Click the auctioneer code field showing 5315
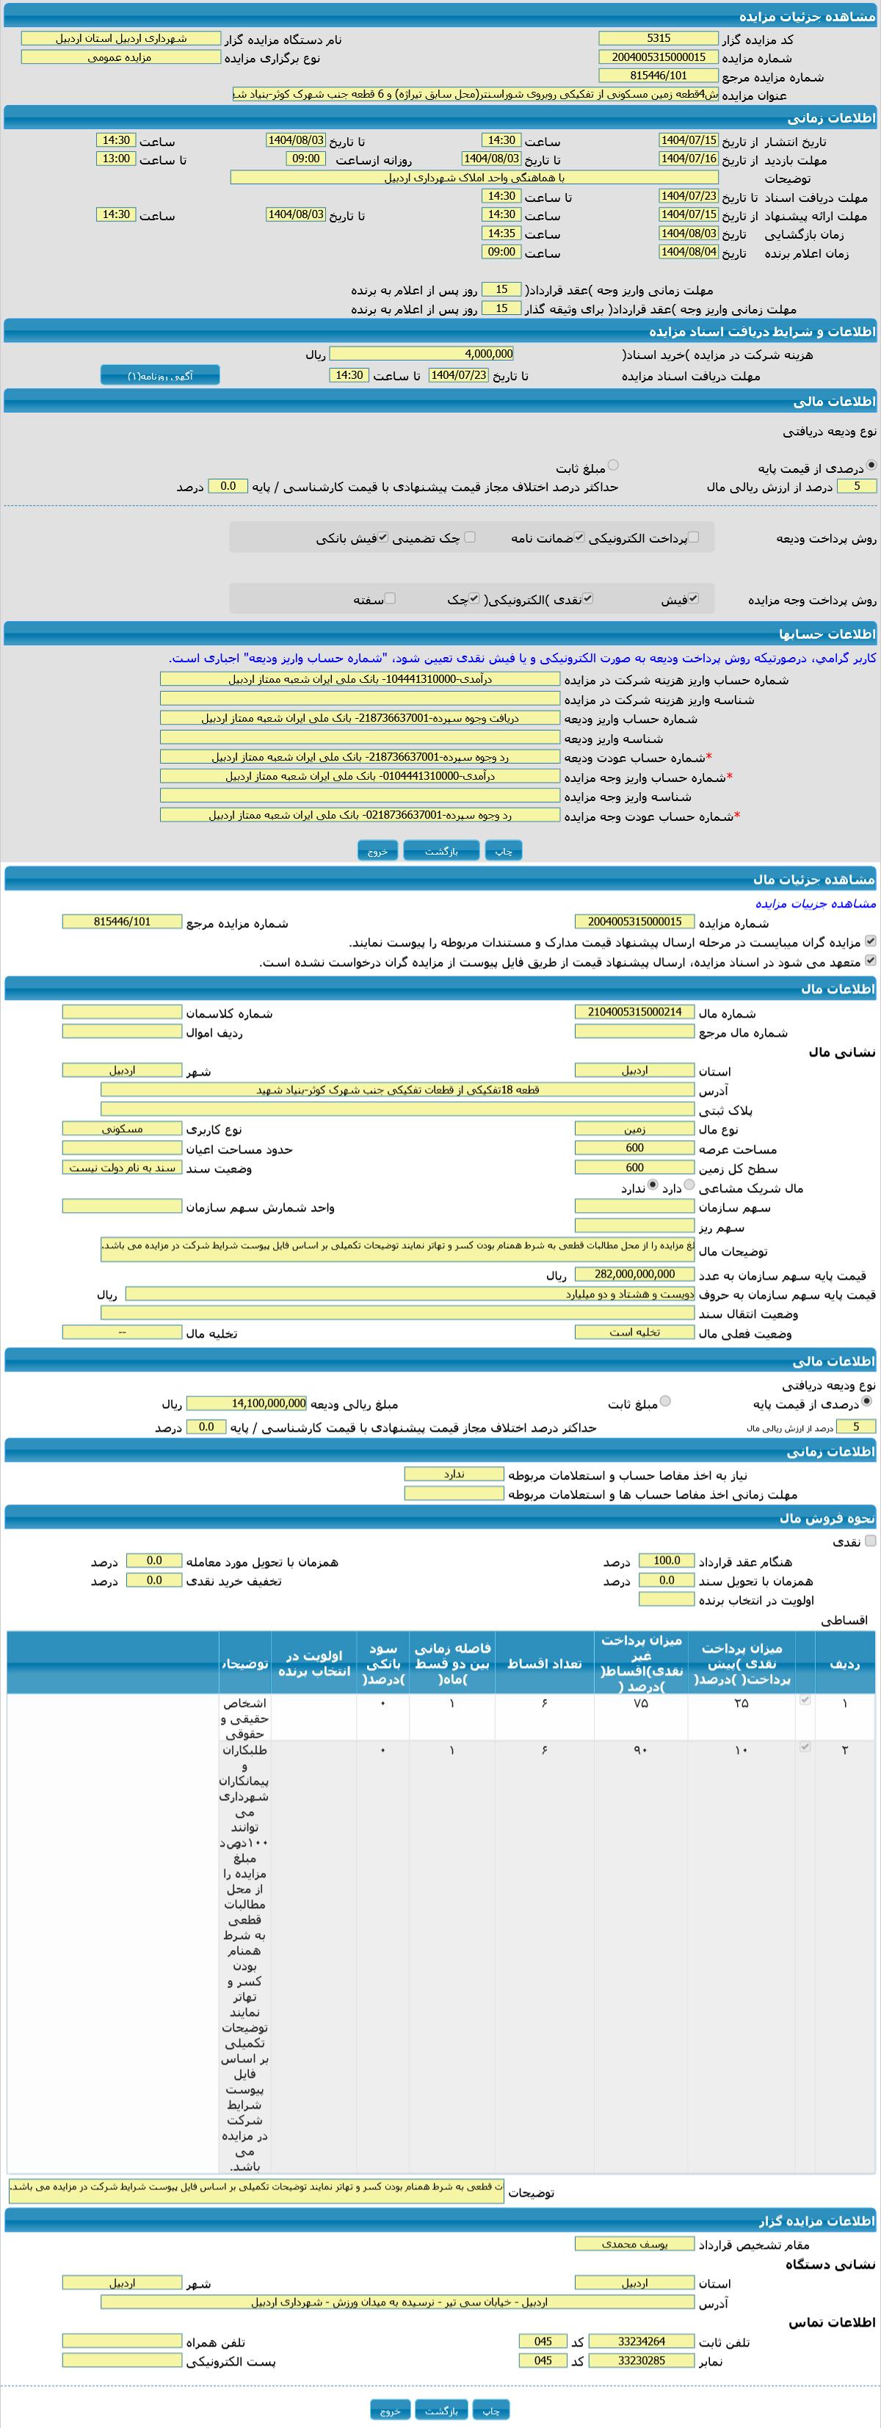(659, 39)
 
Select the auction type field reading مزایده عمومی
(120, 57)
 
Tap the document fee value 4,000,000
(421, 355)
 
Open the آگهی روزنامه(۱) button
(160, 375)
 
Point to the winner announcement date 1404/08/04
(689, 253)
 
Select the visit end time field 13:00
(116, 159)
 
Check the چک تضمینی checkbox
(469, 537)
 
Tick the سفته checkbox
(389, 598)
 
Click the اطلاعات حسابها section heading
(827, 634)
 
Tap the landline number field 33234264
(641, 2341)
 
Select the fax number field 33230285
(641, 2361)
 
